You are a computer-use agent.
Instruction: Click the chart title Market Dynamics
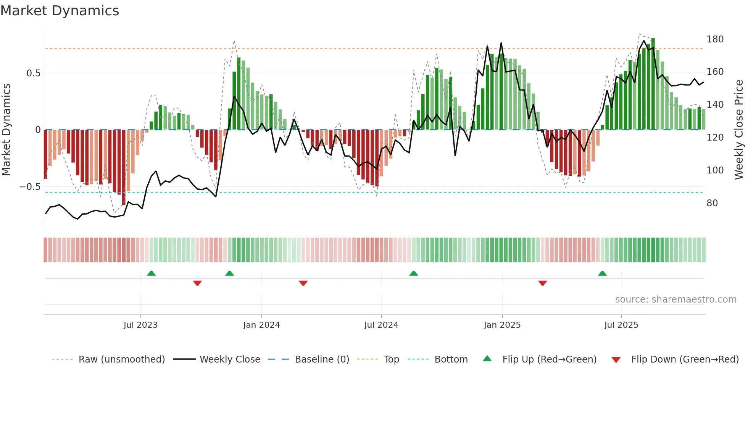coord(60,11)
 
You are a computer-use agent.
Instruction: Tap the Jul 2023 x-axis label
coord(140,325)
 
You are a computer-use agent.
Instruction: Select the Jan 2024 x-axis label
coord(261,325)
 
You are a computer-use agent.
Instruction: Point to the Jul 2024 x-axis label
coord(381,325)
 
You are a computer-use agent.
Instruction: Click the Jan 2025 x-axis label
coord(502,325)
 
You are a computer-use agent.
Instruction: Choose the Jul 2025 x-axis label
coord(621,325)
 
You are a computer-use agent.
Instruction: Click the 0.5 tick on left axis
coord(33,73)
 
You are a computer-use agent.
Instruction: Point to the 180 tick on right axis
coord(715,39)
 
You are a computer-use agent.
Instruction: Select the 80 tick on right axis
coord(712,203)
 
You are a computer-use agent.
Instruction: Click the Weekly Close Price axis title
coord(739,130)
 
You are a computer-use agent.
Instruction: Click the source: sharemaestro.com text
coord(675,300)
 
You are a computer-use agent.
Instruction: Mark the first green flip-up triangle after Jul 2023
coord(151,273)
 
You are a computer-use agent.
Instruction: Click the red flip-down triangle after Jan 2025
coord(542,283)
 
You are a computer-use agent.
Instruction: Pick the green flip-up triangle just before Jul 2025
coord(602,273)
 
